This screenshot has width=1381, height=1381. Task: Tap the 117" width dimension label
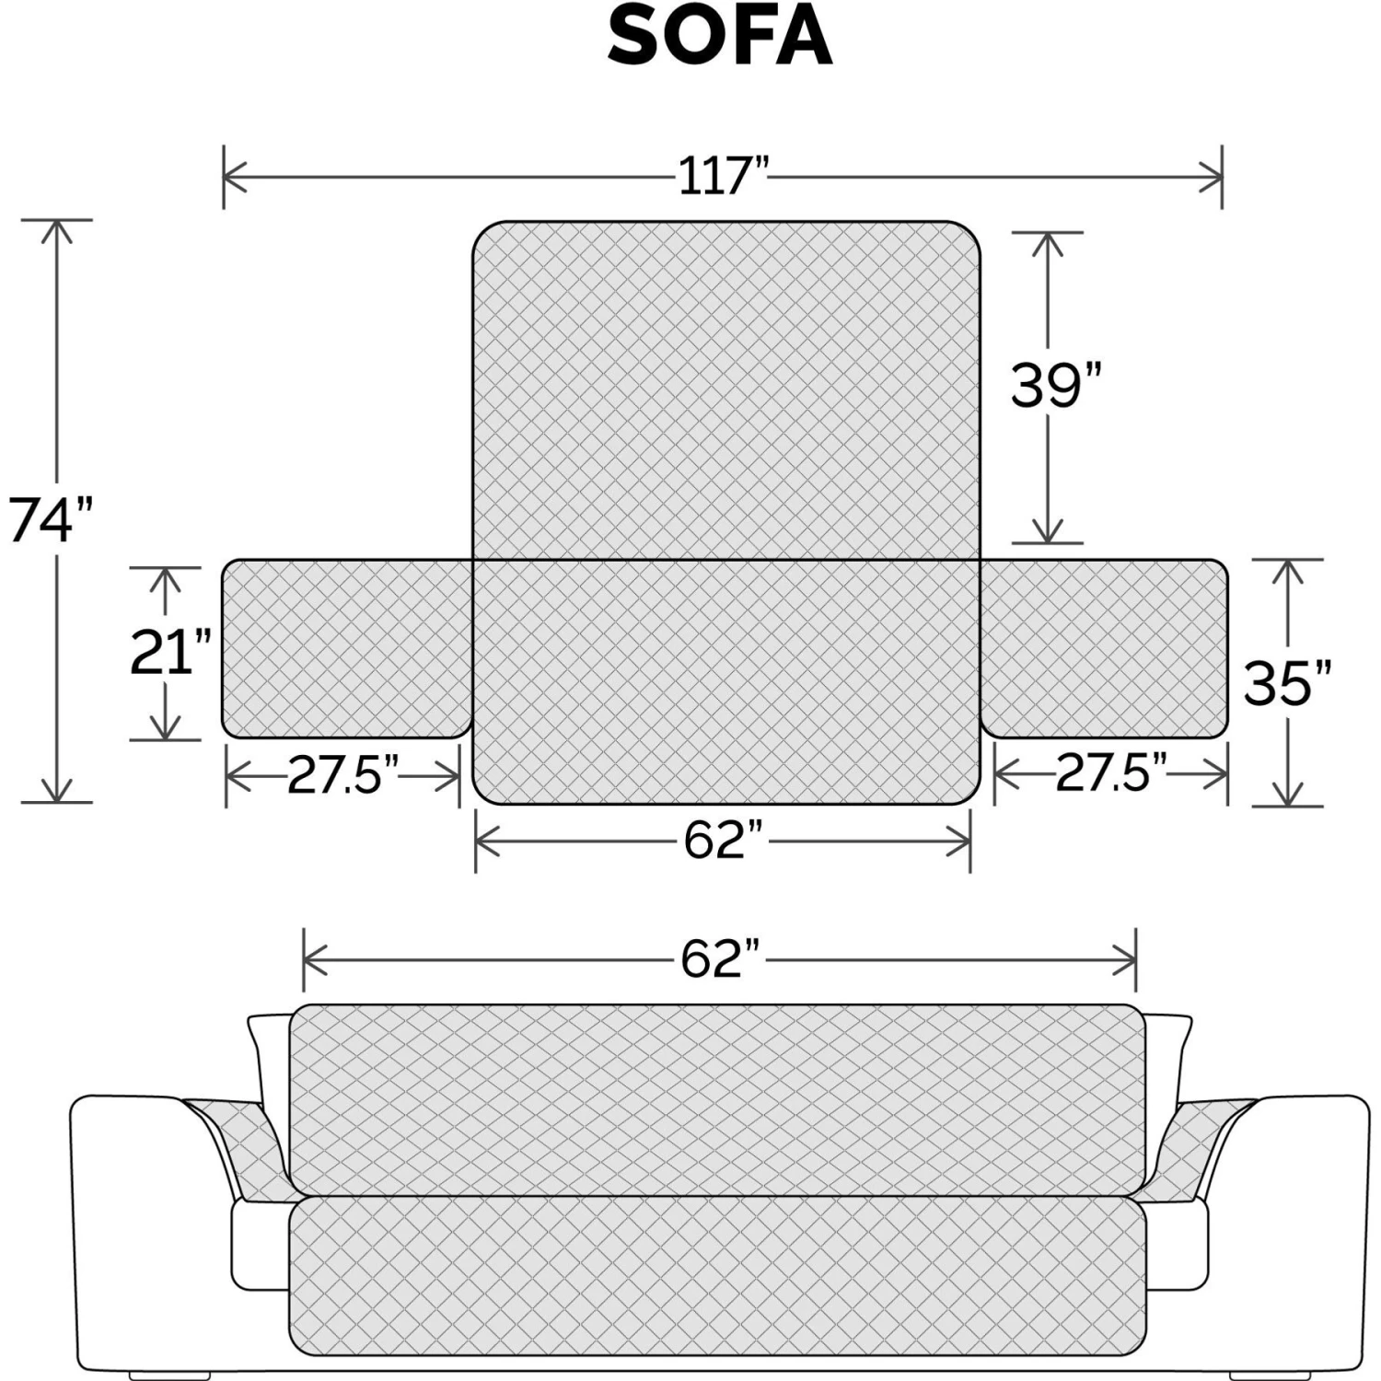(x=723, y=175)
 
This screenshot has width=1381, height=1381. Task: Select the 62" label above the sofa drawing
(x=723, y=958)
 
